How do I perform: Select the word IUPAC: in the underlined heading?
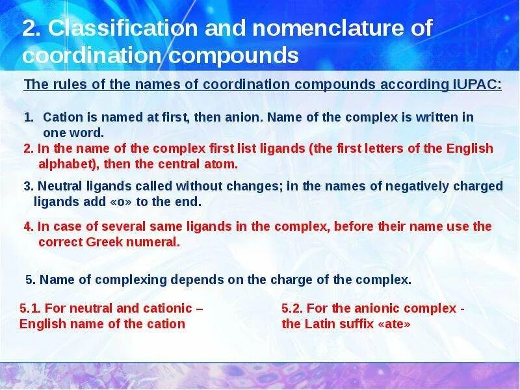(474, 84)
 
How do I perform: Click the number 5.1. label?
(30, 308)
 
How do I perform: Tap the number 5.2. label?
(292, 308)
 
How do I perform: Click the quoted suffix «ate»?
(394, 324)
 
